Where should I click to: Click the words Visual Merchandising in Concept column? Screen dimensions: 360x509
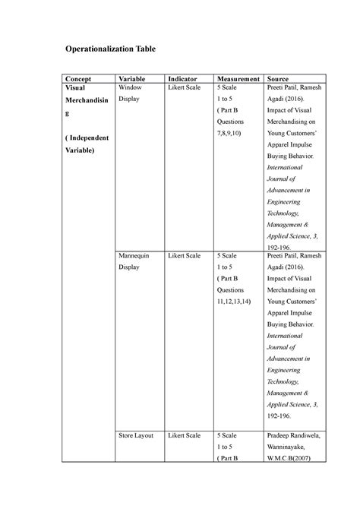84,104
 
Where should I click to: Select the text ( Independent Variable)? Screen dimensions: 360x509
87,144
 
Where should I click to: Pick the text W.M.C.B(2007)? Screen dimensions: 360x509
292,460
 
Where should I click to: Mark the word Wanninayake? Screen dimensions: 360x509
290,447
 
